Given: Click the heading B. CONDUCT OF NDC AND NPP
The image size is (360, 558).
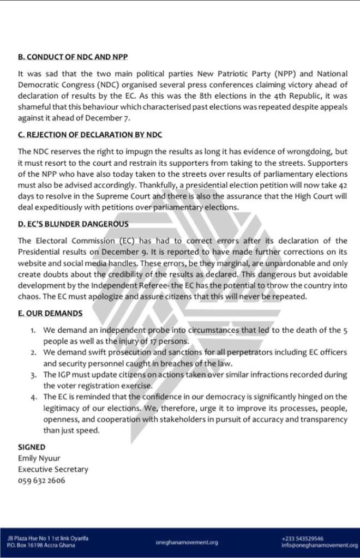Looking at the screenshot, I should (69, 57).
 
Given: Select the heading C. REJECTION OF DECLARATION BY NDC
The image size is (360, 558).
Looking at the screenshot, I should (89, 135).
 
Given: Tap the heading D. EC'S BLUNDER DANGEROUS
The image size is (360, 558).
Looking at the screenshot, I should (73, 224).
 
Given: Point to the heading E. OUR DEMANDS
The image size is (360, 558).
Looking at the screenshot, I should (50, 314).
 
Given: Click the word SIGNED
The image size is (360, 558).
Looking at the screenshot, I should (32, 447).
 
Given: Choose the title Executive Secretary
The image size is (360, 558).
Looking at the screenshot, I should (53, 469).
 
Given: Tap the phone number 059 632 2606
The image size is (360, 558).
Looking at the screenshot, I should (41, 481).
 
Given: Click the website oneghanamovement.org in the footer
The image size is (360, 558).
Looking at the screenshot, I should (187, 542).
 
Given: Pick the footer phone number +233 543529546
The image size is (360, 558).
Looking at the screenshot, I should (299, 538).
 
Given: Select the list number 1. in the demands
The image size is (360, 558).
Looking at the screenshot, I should (33, 331).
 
